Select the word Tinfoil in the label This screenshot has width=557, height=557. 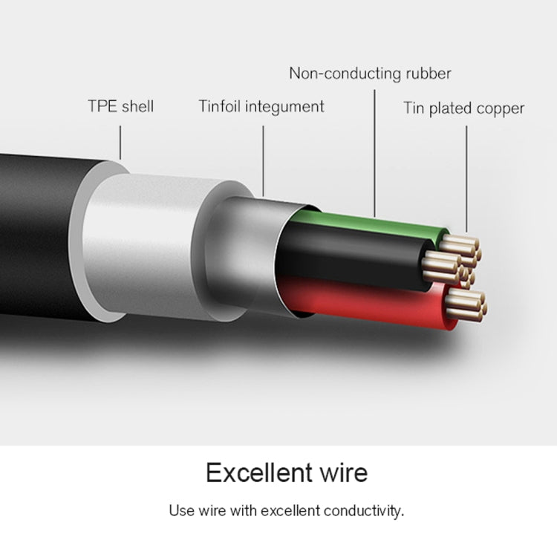pyautogui.click(x=220, y=106)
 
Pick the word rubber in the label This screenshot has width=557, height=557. pyautogui.click(x=425, y=74)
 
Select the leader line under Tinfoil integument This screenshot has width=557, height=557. pyautogui.click(x=263, y=160)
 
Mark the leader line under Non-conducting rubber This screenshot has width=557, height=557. pyautogui.click(x=374, y=149)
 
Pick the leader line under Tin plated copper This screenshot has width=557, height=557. pyautogui.click(x=466, y=178)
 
